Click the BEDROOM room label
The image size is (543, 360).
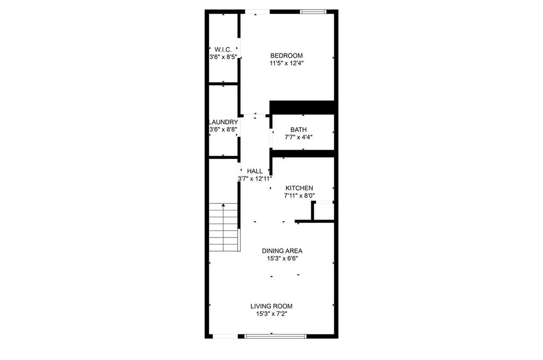pos(286,56)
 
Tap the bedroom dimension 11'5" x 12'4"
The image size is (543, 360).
pos(286,63)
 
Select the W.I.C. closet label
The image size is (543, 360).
pos(223,49)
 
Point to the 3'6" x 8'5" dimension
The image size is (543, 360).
pos(223,56)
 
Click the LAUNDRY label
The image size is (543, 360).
pos(223,122)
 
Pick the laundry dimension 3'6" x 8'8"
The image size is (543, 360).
pos(223,129)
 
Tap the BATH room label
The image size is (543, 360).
pos(298,130)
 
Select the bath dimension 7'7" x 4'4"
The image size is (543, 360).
pos(298,137)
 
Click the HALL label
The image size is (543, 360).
pos(255,171)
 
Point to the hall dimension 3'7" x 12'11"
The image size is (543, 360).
pos(255,179)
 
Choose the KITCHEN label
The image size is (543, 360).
pos(299,188)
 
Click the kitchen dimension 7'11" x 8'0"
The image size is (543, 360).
pos(300,196)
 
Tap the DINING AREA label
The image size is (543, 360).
pos(282,251)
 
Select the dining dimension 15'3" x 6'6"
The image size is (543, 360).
pos(282,259)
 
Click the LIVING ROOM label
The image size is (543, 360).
pos(271,306)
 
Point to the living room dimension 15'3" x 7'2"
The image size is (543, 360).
pos(271,313)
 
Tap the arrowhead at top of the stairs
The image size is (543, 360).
pos(224,205)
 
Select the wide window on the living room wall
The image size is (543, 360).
pos(276,336)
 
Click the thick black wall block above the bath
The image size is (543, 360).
pos(302,107)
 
